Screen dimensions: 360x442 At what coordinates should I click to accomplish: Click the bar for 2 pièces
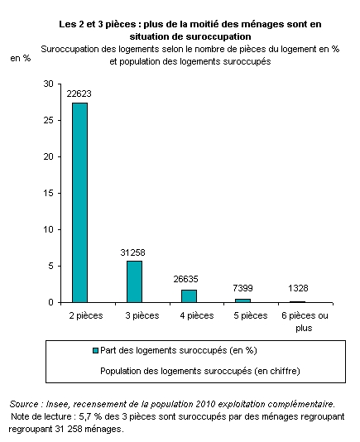click(79, 203)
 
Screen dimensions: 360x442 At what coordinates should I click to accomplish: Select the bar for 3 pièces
click(134, 281)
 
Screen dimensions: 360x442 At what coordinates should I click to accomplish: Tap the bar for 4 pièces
click(189, 296)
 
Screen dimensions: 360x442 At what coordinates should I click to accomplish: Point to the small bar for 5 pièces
click(242, 300)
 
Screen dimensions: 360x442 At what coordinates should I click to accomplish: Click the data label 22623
click(79, 94)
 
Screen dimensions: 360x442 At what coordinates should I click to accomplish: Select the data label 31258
click(132, 252)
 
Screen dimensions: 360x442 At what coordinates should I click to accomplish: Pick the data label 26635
click(185, 279)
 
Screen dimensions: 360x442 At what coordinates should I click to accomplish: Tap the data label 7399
click(242, 288)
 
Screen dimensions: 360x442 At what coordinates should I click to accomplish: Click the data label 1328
click(298, 288)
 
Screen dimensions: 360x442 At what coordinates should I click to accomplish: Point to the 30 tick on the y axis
click(49, 84)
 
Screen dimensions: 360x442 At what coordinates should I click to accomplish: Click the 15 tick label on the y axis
click(49, 193)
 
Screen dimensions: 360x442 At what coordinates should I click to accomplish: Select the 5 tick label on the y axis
click(50, 266)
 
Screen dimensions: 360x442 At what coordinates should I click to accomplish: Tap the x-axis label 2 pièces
click(86, 315)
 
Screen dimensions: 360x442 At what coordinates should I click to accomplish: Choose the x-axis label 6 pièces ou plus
click(305, 322)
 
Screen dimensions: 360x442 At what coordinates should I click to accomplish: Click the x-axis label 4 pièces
click(197, 315)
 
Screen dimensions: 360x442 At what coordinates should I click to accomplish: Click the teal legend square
click(95, 350)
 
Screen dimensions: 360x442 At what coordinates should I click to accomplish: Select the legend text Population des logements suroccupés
click(176, 371)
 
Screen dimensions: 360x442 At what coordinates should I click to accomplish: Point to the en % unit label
click(21, 58)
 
